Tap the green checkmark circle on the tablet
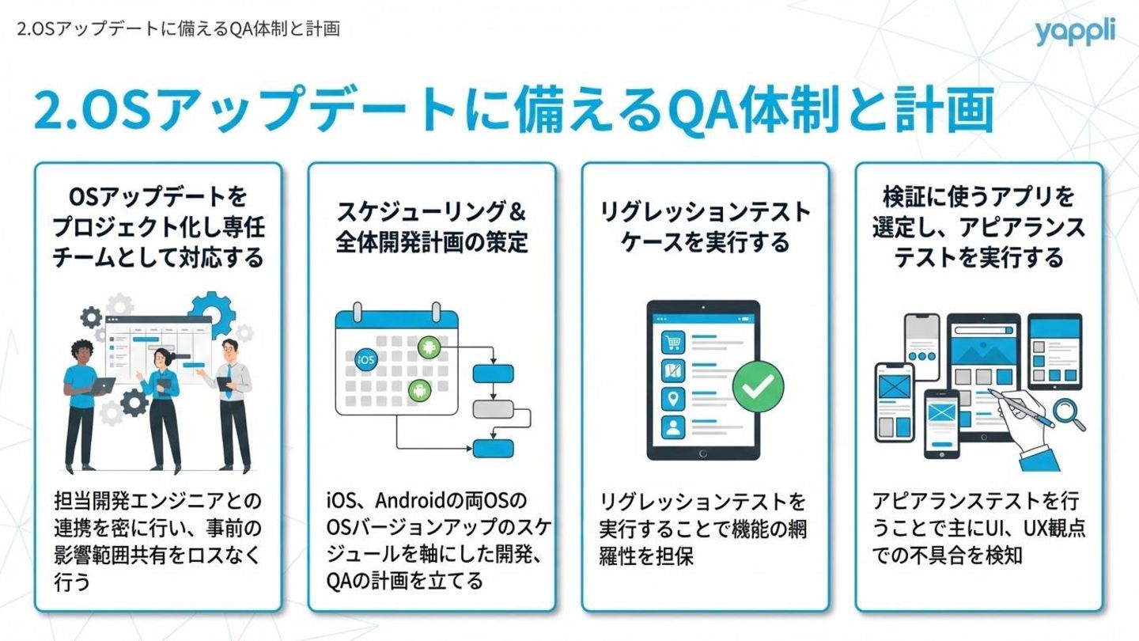click(758, 385)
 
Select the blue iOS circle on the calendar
click(366, 358)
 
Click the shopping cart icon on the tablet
click(673, 343)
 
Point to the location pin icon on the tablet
click(673, 399)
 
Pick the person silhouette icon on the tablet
click(673, 427)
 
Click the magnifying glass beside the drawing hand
click(1069, 412)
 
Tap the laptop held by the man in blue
click(101, 385)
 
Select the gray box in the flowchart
click(493, 409)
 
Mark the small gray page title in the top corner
click(178, 29)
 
